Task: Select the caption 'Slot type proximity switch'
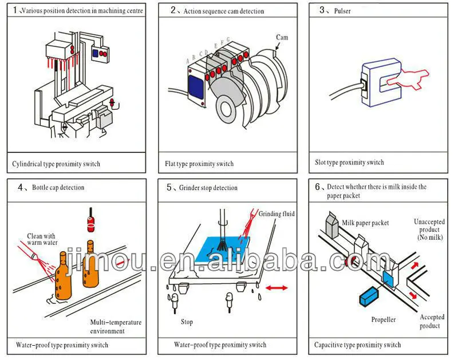(349, 163)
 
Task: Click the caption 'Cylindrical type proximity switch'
(56, 164)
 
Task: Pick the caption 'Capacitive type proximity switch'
(357, 345)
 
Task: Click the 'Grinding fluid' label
(277, 213)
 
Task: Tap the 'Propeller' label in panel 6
(383, 319)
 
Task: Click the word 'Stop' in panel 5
(187, 321)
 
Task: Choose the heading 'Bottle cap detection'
(58, 187)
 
